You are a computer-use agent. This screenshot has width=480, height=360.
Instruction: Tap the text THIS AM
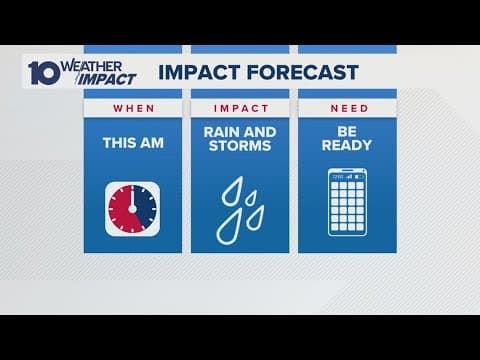coord(133,142)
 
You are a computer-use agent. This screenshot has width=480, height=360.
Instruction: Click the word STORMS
coord(241,152)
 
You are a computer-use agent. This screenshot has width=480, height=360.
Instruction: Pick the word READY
coord(349,152)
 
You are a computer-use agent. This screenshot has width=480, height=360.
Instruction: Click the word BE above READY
coord(349,136)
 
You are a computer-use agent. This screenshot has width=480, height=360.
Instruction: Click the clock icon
coord(133,208)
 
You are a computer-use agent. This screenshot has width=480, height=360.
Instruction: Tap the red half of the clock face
coord(122,208)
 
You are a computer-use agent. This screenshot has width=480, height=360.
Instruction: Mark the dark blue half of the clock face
coord(144,208)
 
